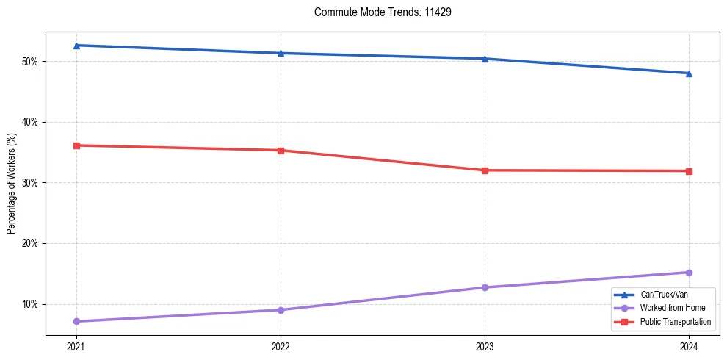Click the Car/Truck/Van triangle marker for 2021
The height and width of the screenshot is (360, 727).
(x=76, y=46)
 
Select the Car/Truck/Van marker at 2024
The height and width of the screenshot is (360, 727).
(x=689, y=73)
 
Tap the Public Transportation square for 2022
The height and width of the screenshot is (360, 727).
(x=281, y=151)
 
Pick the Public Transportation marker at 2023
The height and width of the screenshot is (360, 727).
(x=485, y=170)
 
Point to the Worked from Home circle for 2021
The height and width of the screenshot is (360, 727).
(x=76, y=321)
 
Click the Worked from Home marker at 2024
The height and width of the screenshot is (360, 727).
(x=689, y=273)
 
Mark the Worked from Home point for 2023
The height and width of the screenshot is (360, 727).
(x=485, y=287)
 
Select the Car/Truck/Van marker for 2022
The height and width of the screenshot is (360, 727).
(x=281, y=53)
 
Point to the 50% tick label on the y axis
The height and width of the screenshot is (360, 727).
(x=31, y=61)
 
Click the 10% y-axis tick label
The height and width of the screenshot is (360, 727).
(x=31, y=304)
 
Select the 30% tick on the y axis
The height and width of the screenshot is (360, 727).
(x=31, y=183)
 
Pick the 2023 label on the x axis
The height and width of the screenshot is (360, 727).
(x=485, y=346)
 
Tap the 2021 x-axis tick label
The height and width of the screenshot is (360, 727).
(x=76, y=346)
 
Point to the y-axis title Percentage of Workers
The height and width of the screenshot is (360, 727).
(x=11, y=184)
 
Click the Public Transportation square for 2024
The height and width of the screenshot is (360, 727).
(x=689, y=171)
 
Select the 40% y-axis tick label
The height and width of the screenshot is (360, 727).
(x=31, y=122)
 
